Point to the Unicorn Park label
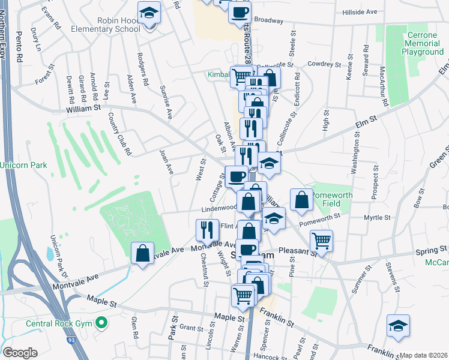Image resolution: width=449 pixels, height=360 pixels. [23, 164]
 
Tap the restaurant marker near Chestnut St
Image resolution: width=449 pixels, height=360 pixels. [205, 230]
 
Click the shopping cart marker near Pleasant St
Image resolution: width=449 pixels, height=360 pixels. [322, 241]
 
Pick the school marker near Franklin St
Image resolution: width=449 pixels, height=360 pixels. [397, 325]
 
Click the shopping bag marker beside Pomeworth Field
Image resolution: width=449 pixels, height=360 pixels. [301, 200]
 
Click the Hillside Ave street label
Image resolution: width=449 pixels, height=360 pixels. [359, 11]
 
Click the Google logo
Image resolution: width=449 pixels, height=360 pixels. [20, 353]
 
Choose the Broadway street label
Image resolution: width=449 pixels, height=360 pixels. [268, 20]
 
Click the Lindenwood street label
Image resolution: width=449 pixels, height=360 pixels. [218, 208]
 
